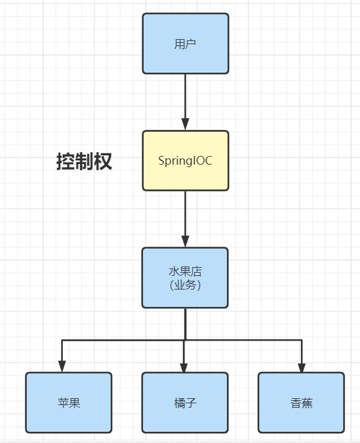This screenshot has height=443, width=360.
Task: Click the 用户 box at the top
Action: click(185, 43)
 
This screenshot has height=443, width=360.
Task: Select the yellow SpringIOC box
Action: click(185, 160)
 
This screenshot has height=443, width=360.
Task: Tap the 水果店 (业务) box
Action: click(185, 278)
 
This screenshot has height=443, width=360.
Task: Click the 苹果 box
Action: click(69, 403)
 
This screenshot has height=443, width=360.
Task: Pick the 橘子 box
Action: click(185, 403)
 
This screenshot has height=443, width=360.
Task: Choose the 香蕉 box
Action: click(301, 403)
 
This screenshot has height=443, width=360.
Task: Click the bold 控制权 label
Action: click(85, 162)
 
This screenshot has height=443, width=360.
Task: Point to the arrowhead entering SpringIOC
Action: click(185, 124)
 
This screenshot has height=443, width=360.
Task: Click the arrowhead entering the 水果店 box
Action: click(185, 242)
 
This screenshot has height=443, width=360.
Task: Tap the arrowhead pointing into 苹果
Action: click(62, 367)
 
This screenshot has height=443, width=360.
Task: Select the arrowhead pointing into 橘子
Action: click(184, 367)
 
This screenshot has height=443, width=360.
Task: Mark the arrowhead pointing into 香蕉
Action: click(302, 367)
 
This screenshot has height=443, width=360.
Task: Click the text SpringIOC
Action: click(185, 161)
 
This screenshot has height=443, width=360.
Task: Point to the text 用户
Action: click(185, 44)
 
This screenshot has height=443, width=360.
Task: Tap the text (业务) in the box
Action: click(185, 285)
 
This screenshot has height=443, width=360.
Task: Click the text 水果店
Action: click(185, 272)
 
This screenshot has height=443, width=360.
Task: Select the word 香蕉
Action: click(302, 403)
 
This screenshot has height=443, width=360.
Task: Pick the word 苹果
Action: click(69, 403)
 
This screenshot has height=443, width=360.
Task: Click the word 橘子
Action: click(185, 403)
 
